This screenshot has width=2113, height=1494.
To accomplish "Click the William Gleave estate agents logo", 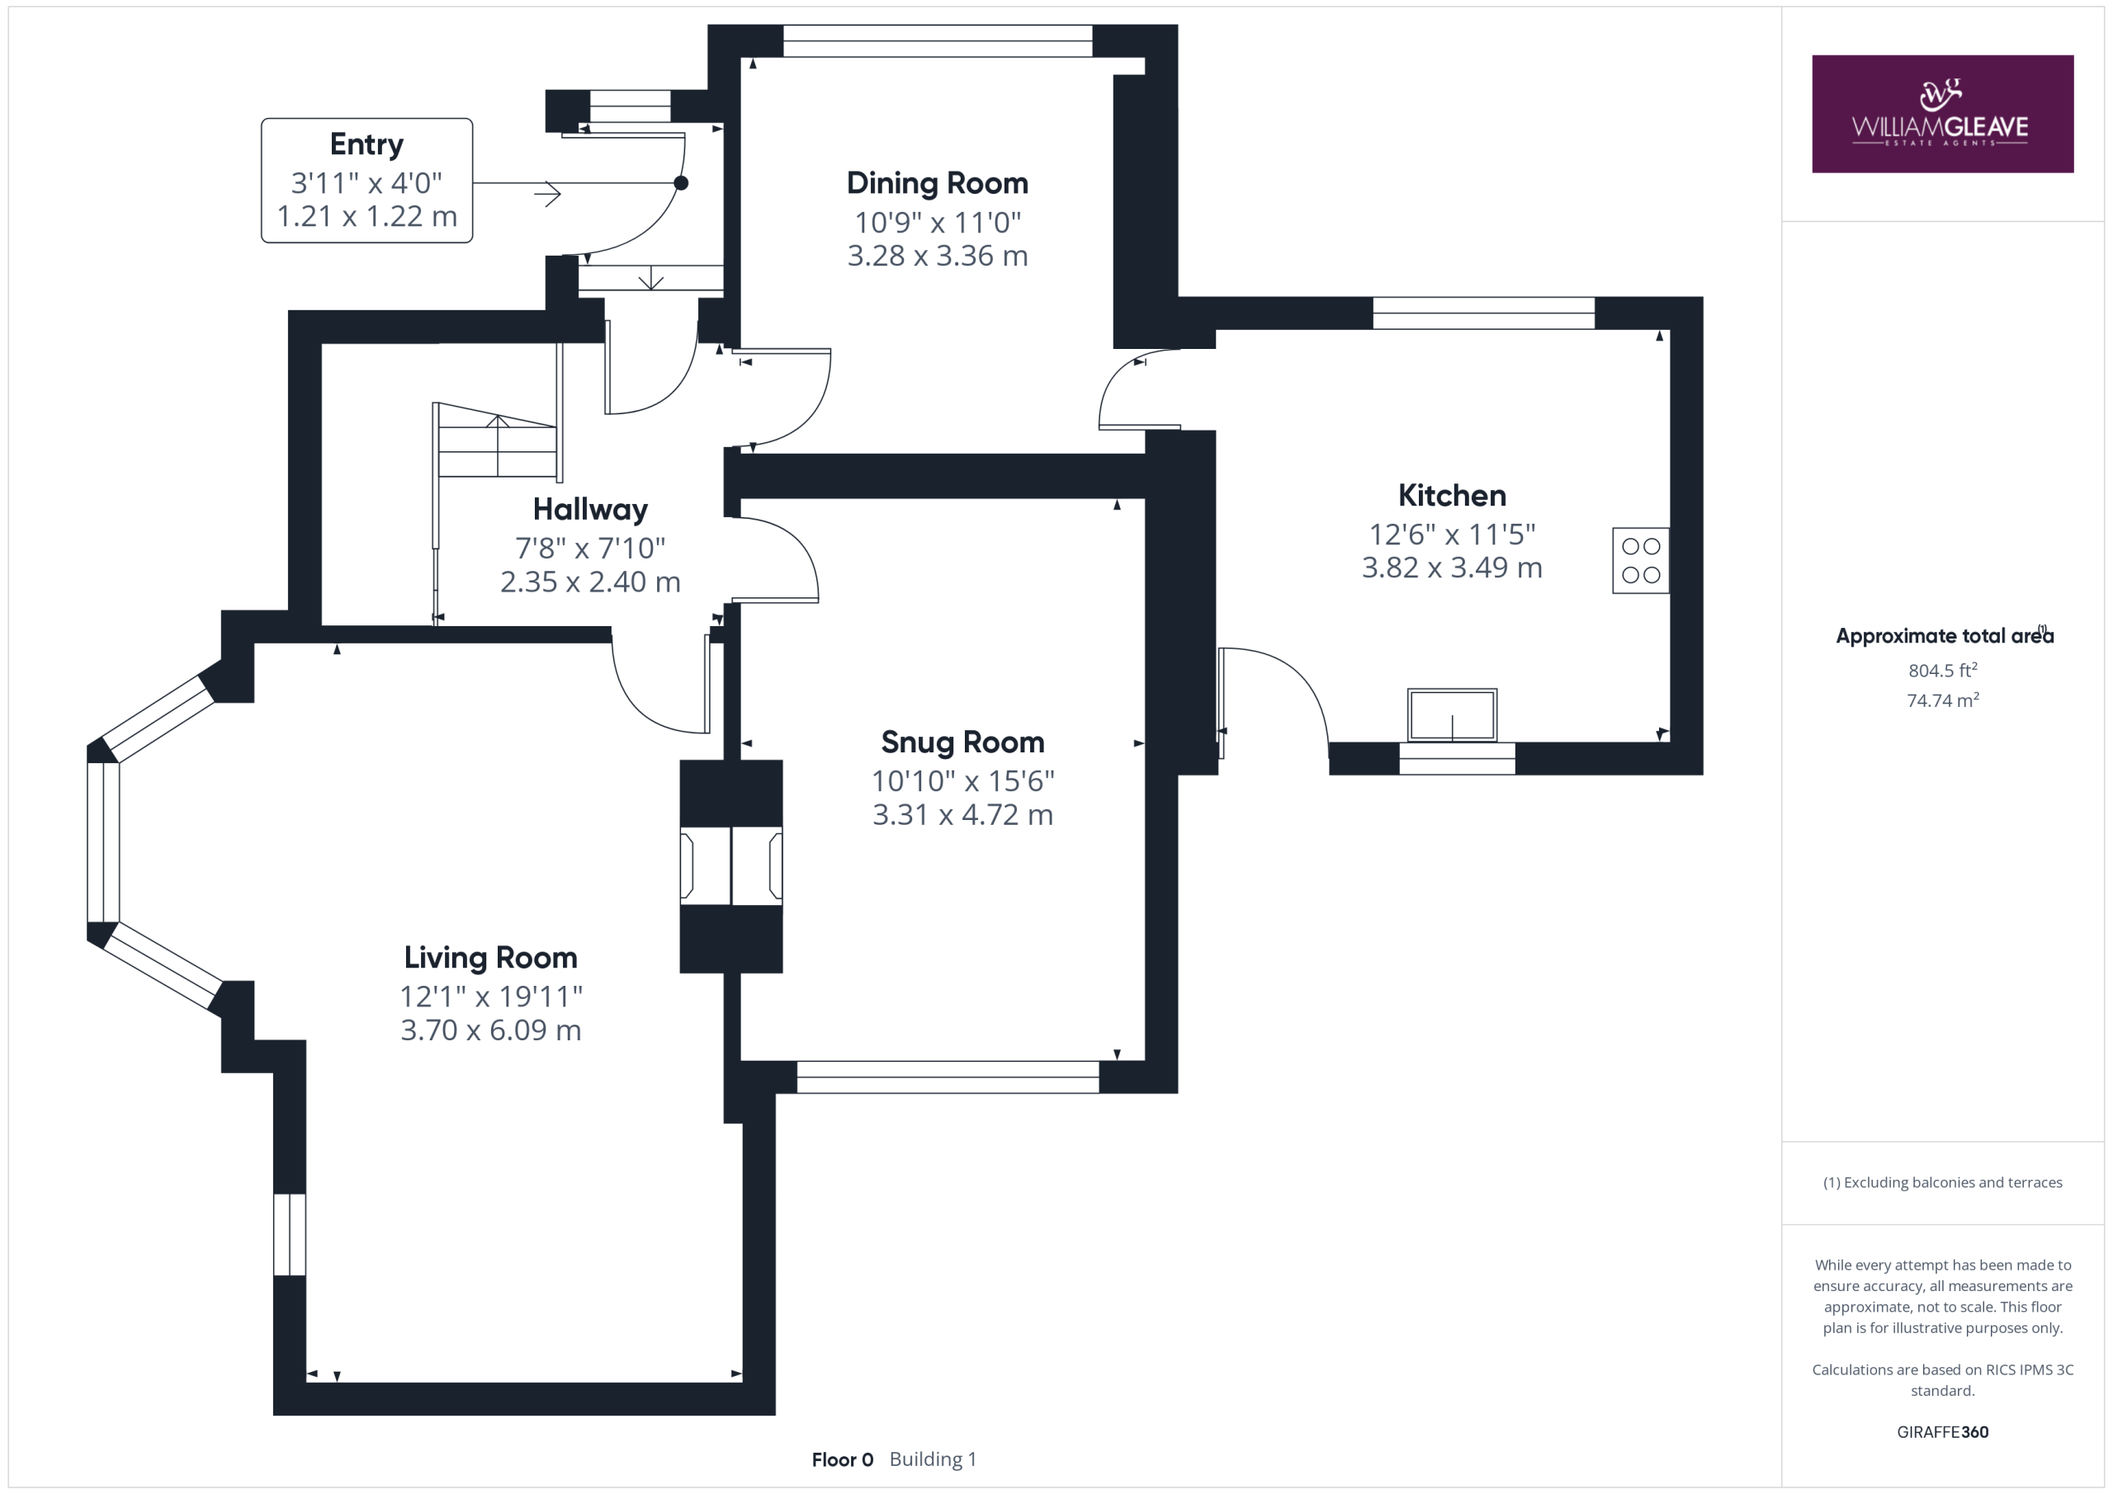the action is [x=1942, y=113].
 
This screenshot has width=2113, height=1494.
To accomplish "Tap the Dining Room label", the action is [x=937, y=183].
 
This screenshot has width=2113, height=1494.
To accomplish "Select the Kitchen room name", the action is [x=1451, y=496].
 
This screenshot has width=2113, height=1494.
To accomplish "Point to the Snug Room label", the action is [x=962, y=742].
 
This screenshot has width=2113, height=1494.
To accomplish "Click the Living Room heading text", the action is [x=490, y=959].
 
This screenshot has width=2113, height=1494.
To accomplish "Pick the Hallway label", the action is [x=590, y=510].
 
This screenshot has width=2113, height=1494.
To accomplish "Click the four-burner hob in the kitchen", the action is [x=1640, y=560].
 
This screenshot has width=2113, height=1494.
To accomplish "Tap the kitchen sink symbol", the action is [x=1452, y=714].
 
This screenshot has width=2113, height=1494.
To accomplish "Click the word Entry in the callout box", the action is [x=366, y=144].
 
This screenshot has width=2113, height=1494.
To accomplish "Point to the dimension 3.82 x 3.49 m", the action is [x=1451, y=568].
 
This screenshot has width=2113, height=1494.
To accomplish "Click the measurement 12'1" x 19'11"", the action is [x=490, y=997].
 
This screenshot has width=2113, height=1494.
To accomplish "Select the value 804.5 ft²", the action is [x=1943, y=671].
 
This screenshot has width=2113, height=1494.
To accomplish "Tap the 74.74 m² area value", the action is [x=1943, y=700].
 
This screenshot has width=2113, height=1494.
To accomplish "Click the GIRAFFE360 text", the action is [x=1943, y=1432].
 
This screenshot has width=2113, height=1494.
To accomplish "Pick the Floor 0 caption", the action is [x=842, y=1460].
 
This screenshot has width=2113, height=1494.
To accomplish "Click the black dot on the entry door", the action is [x=681, y=183].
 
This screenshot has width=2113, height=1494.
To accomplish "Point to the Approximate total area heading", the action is [x=1945, y=636].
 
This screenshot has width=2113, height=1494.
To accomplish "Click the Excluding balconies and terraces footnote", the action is [x=1943, y=1183].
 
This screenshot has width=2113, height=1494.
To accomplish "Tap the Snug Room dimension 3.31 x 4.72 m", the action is [x=962, y=815].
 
